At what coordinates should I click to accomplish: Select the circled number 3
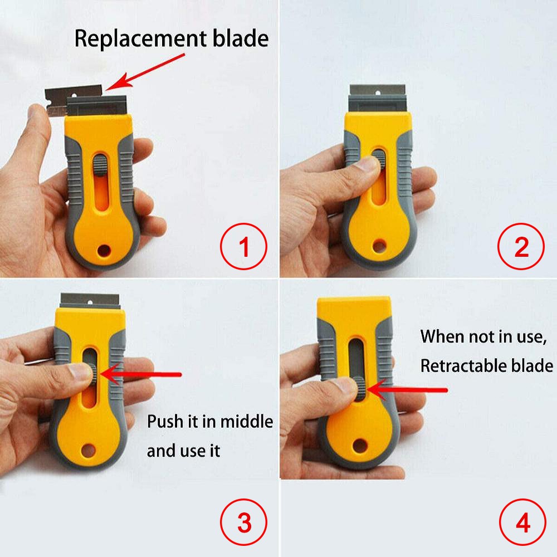click(x=244, y=524)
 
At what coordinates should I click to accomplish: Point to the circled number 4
click(x=521, y=524)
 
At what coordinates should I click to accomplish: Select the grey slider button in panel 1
click(x=100, y=166)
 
